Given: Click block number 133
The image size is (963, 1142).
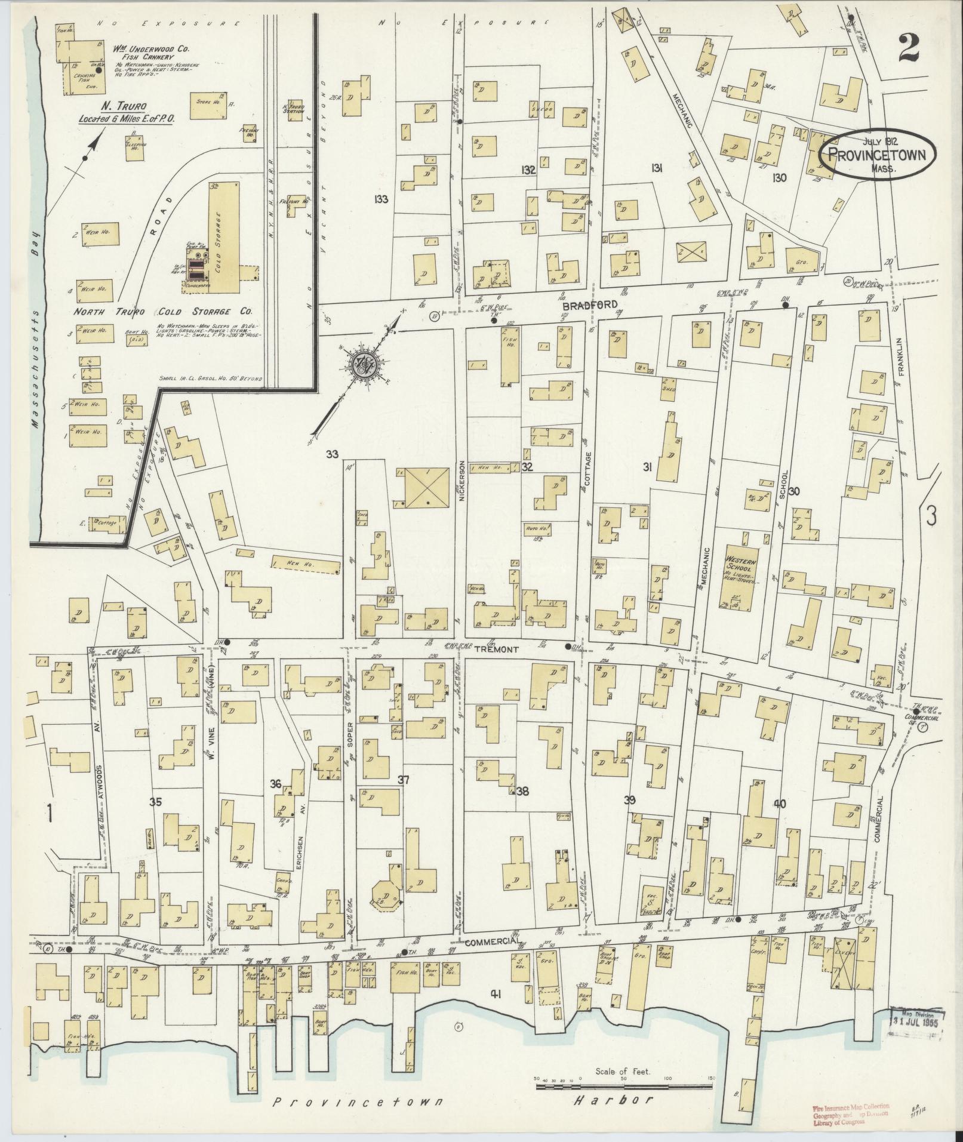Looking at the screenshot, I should point(381,199).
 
